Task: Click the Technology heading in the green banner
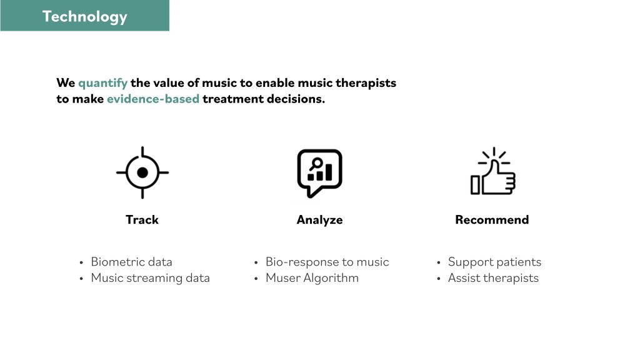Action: (85, 17)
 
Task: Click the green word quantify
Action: (103, 83)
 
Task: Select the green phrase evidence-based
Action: (153, 99)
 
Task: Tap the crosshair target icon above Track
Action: (142, 172)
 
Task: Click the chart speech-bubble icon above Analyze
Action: (319, 173)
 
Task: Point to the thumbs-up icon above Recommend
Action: (493, 171)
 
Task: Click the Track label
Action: (142, 219)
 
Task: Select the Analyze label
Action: (319, 220)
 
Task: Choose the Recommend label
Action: (492, 219)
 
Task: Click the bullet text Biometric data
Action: (131, 262)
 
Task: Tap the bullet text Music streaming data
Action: (150, 278)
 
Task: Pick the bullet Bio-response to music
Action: (327, 262)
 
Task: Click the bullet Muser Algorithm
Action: (312, 278)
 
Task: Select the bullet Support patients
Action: (495, 262)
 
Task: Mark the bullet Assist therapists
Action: (494, 278)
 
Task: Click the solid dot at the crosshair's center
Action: (142, 172)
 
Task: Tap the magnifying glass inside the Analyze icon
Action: (316, 164)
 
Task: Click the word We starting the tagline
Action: (66, 83)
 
